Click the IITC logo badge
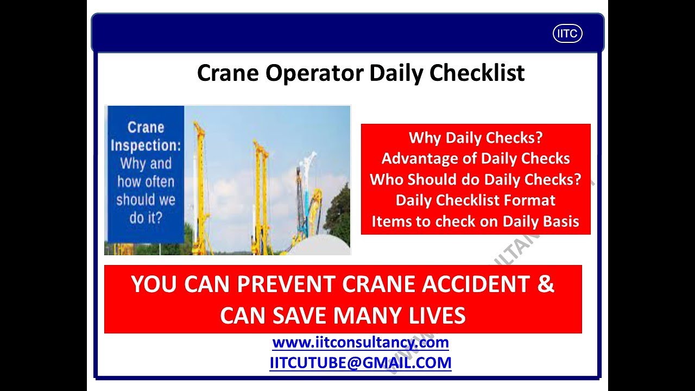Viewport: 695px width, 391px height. click(567, 34)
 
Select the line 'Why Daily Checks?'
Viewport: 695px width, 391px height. click(476, 137)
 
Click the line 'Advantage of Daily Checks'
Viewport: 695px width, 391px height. click(476, 159)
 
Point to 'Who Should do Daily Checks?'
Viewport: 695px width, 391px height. click(476, 180)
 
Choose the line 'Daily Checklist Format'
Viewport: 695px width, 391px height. click(476, 200)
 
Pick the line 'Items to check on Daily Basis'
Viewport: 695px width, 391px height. click(476, 222)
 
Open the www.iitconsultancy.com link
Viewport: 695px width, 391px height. click(361, 343)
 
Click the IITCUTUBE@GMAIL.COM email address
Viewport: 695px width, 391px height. click(361, 363)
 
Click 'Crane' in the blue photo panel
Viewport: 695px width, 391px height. click(146, 128)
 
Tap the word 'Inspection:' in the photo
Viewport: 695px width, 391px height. click(146, 146)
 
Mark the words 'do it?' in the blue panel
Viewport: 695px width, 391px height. click(146, 217)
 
